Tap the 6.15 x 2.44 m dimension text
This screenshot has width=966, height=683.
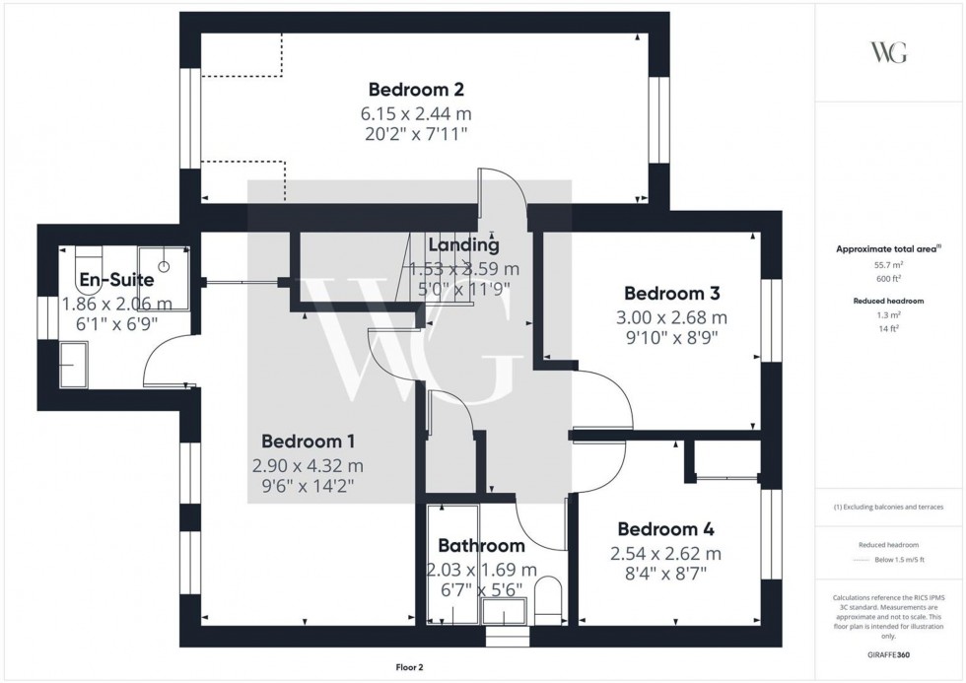pos(415,111)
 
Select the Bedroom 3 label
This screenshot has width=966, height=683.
pos(672,293)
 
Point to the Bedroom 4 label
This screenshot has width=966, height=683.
pos(665,529)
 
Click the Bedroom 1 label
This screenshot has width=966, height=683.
pos(309,442)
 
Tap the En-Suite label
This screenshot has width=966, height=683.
pos(117,280)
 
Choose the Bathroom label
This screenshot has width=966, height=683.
pos(481,546)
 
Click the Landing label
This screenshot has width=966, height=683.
pos(463,245)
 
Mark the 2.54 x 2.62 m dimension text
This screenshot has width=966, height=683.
pos(665,553)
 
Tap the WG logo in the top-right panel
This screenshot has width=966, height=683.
pos(888,52)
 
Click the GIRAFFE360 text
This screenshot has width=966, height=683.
pos(889,653)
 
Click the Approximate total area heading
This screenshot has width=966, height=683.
pos(887,249)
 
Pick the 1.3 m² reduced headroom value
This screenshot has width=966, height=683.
pos(889,314)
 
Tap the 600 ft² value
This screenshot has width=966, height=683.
pos(889,279)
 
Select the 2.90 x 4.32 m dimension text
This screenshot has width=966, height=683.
pos(309,464)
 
